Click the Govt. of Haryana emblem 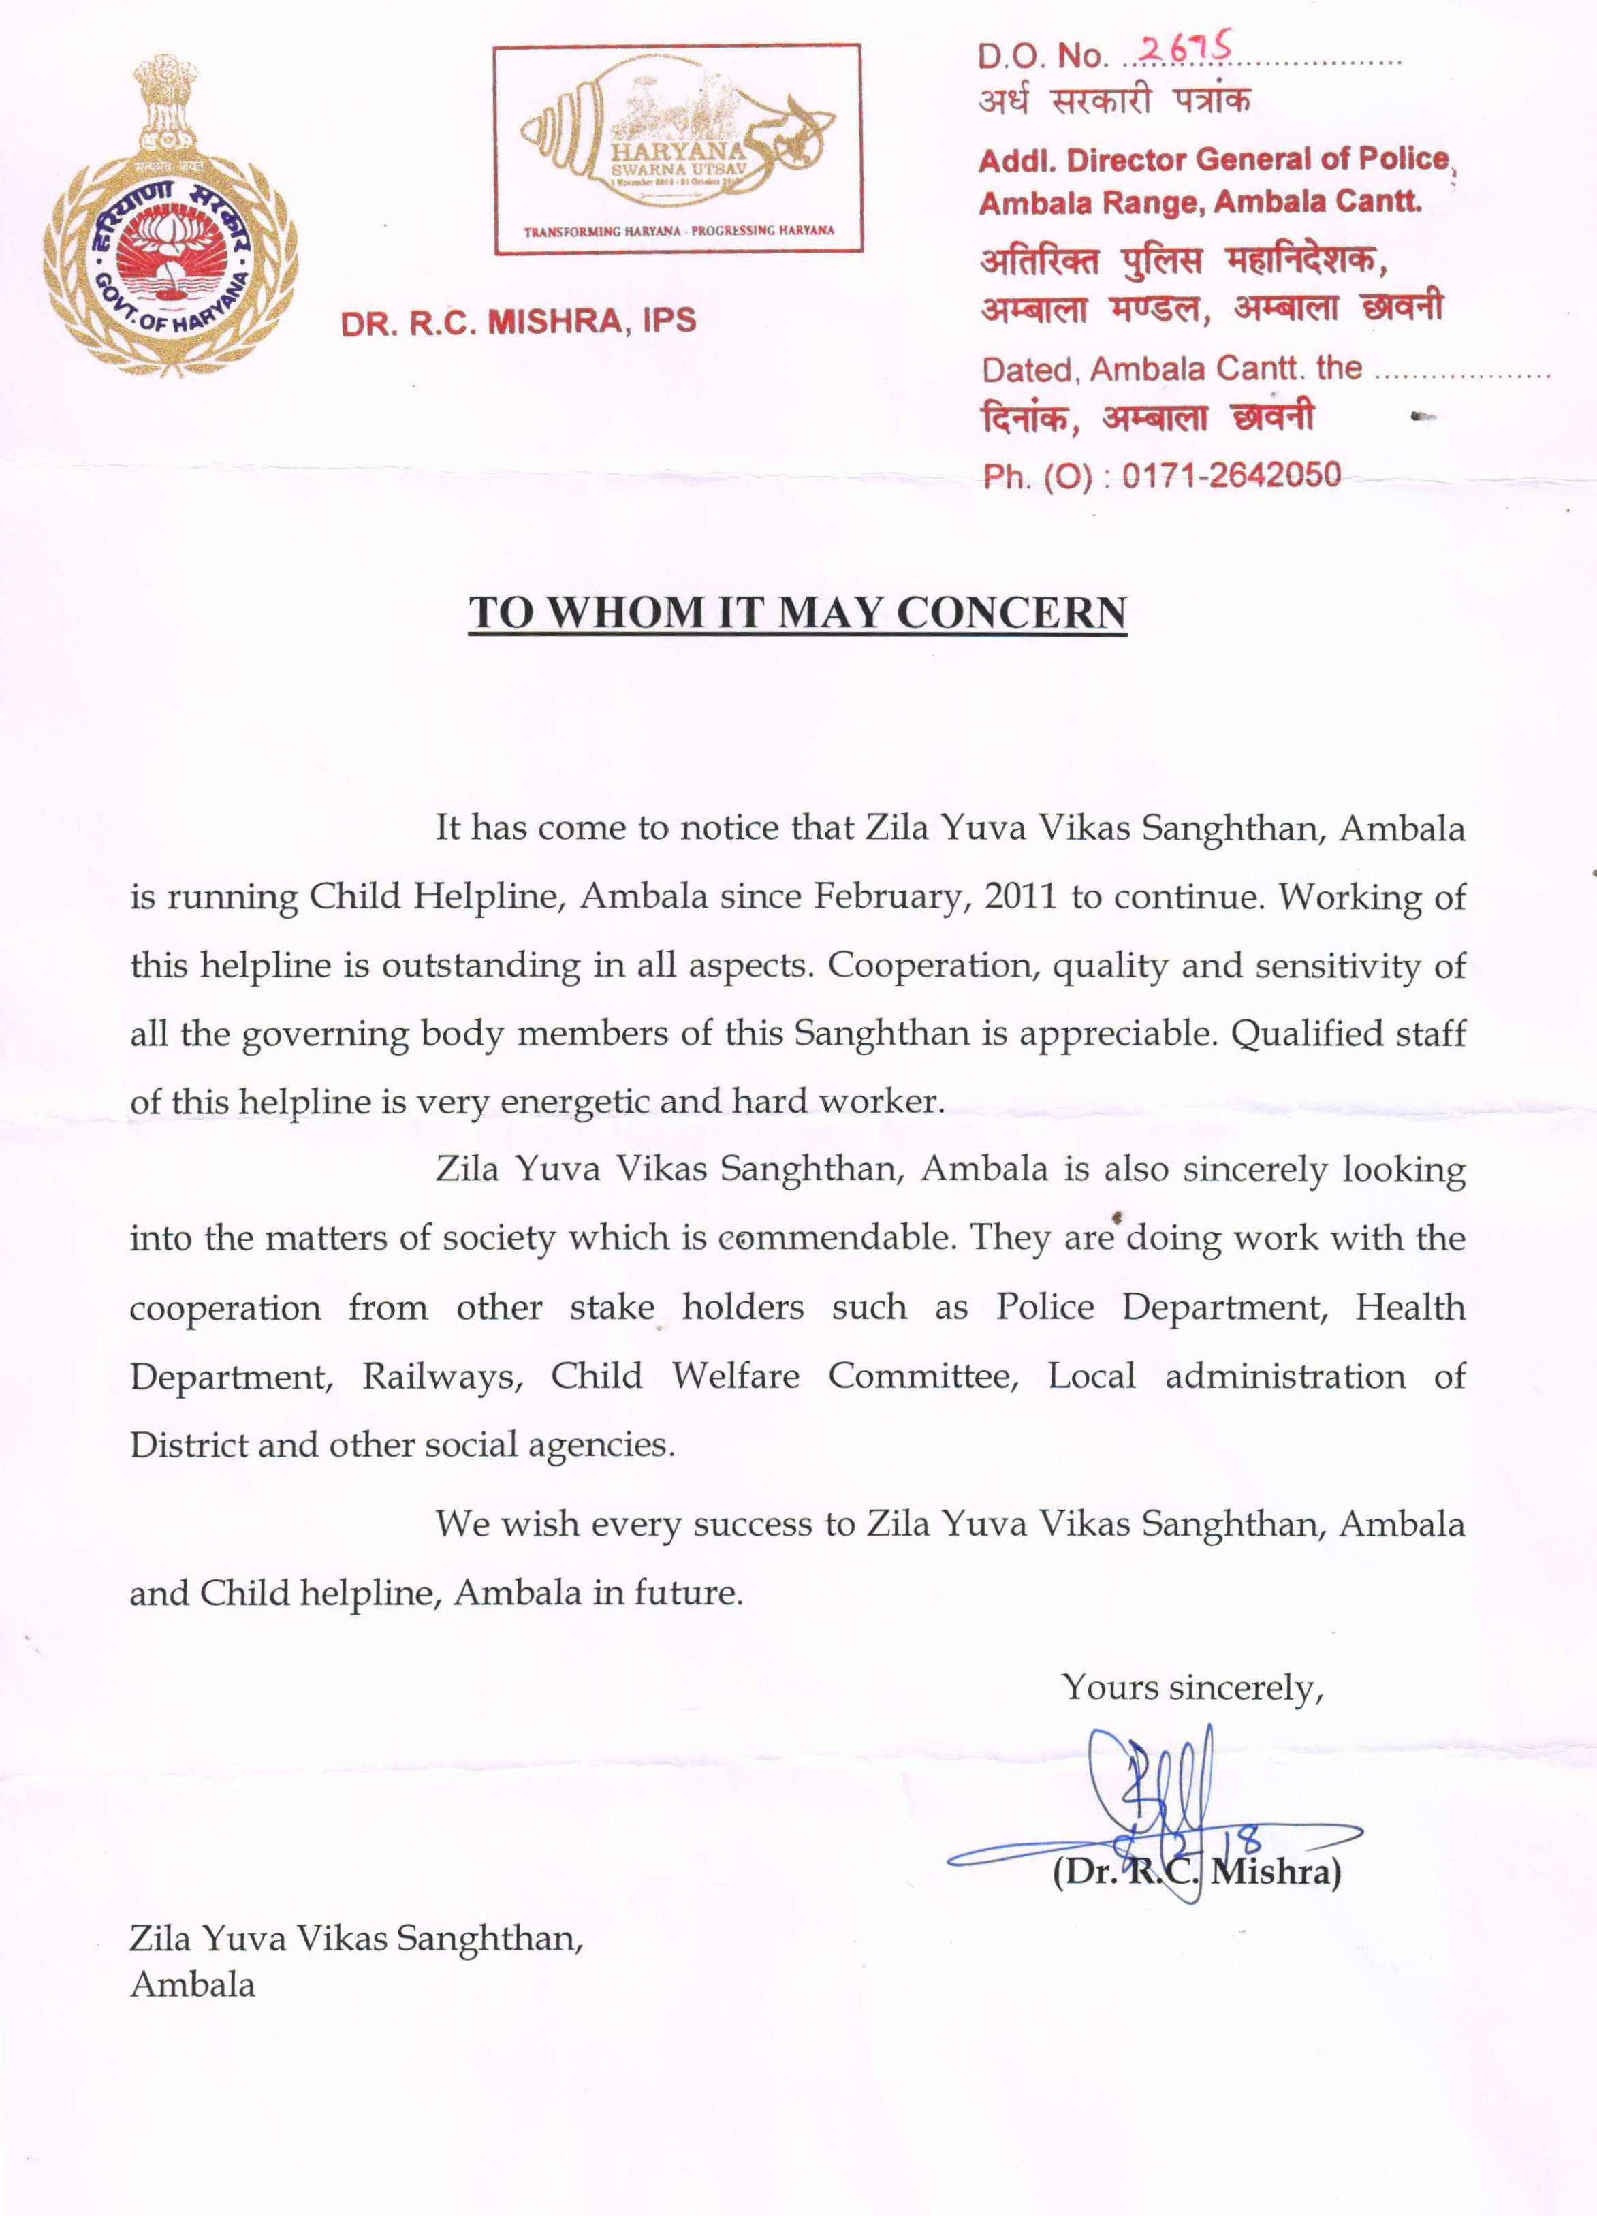(x=170, y=217)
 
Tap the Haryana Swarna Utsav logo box (x=678, y=150)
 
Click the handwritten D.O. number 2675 (x=1186, y=49)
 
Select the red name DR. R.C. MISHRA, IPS (x=518, y=321)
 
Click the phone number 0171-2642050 (x=1231, y=476)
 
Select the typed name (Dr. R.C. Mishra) (x=1197, y=1872)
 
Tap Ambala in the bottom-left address (x=193, y=1984)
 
